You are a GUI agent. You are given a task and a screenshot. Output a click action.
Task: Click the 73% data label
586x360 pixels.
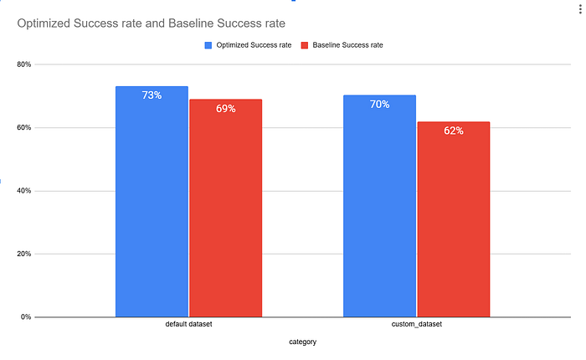152,95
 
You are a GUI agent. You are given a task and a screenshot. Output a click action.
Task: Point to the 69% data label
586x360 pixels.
225,109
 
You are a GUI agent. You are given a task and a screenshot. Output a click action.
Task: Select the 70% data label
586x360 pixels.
379,105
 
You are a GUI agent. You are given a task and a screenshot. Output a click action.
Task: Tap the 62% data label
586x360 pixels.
453,131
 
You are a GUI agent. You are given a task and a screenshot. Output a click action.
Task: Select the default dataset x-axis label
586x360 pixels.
188,324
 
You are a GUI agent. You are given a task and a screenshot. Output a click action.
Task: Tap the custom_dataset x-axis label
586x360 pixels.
416,324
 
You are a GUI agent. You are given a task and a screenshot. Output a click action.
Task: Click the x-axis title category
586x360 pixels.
302,342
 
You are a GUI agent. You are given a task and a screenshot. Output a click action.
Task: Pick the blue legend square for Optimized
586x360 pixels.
208,45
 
